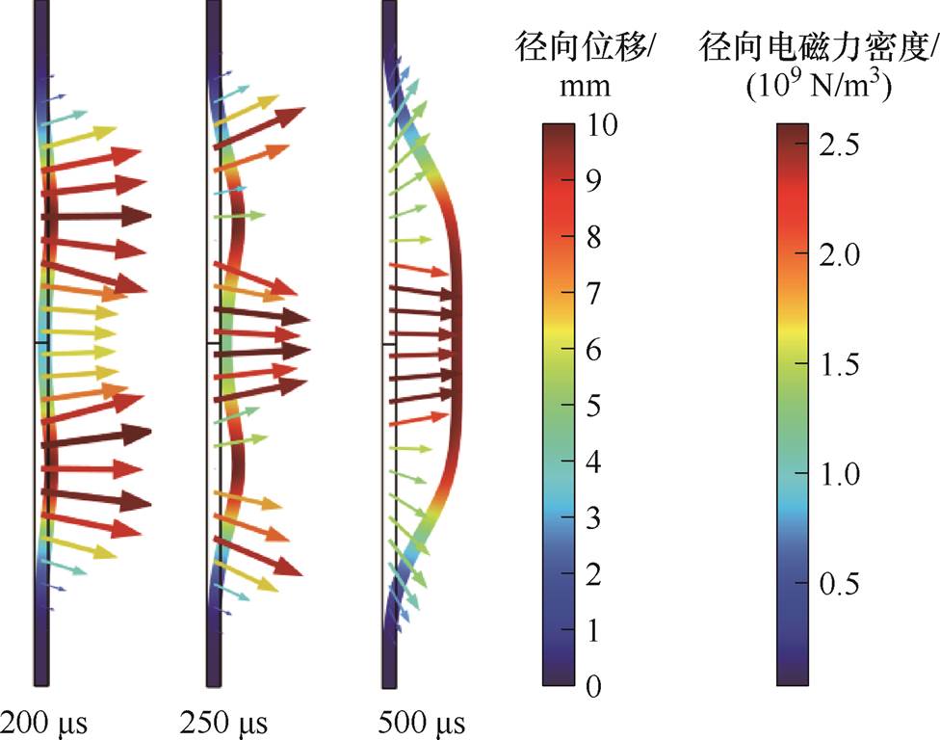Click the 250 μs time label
point(224,722)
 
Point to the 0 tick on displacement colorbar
point(594,686)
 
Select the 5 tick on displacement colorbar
point(594,406)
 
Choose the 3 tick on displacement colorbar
point(594,518)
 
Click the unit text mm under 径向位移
point(585,86)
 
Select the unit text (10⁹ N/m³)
point(819,86)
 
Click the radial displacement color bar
point(559,405)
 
